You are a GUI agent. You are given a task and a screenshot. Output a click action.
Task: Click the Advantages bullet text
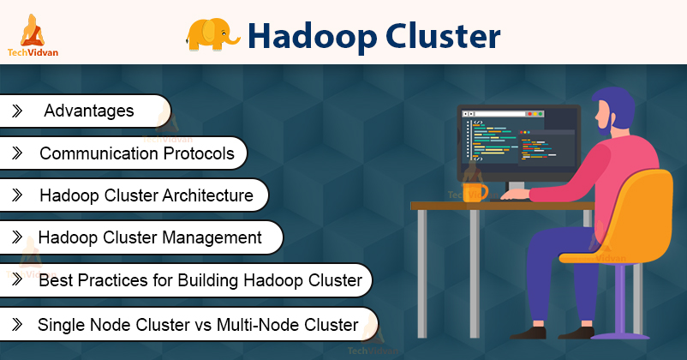click(x=89, y=111)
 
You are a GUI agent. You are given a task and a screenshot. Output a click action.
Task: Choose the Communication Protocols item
click(x=136, y=153)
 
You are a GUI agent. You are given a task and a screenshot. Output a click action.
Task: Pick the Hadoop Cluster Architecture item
click(x=146, y=195)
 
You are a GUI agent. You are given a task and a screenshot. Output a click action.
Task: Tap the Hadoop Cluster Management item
click(x=150, y=237)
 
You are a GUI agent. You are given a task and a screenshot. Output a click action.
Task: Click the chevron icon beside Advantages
click(x=16, y=111)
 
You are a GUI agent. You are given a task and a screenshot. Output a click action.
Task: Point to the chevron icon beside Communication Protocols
click(x=16, y=153)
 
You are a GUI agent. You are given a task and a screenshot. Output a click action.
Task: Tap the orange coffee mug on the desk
click(x=474, y=190)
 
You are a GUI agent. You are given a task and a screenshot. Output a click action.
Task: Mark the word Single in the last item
click(x=58, y=325)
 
